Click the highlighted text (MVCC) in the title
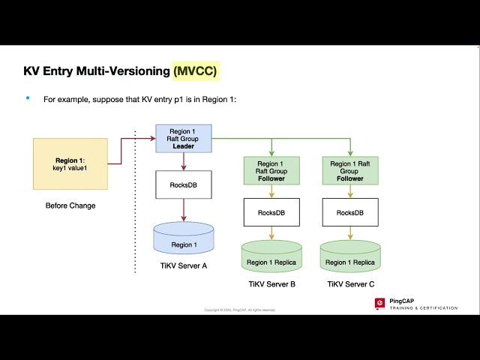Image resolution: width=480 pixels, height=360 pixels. (196, 71)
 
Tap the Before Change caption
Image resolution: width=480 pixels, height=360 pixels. (70, 205)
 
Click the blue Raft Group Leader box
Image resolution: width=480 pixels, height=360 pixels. (184, 139)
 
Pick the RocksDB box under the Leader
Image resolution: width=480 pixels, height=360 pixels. (184, 184)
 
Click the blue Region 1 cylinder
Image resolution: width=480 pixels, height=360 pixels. (184, 240)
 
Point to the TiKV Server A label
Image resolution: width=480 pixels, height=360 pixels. (184, 267)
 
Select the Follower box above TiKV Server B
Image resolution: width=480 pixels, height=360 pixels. (271, 171)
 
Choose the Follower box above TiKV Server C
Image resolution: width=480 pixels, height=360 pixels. (350, 171)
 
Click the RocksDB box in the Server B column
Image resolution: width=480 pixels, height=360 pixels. (271, 212)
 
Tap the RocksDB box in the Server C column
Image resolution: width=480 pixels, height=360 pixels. (350, 212)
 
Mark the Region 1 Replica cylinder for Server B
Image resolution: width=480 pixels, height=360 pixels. (271, 258)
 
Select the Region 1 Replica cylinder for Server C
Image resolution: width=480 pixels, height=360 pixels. (350, 258)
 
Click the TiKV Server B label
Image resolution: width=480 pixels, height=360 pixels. (271, 285)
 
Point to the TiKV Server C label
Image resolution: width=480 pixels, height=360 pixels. (350, 285)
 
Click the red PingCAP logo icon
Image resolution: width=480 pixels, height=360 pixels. (380, 303)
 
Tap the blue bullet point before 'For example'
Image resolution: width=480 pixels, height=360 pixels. (28, 98)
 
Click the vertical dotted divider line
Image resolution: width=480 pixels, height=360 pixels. (135, 195)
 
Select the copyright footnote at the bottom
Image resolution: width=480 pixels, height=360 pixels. (240, 310)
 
